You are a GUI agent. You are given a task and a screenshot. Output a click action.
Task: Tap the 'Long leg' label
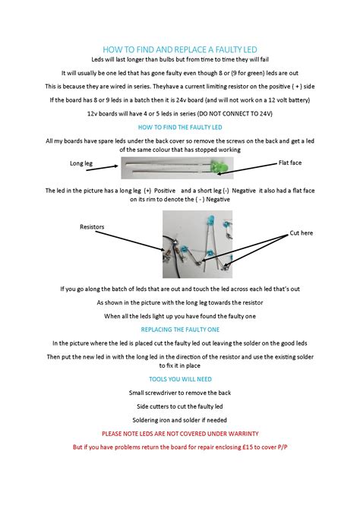81,163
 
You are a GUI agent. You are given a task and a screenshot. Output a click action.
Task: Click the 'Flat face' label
290,163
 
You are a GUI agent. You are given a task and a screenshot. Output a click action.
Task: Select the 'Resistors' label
92,227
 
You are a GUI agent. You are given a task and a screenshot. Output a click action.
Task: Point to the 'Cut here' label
302,233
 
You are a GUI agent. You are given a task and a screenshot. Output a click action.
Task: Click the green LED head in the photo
219,166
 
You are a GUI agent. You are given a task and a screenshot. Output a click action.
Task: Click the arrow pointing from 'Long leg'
102,168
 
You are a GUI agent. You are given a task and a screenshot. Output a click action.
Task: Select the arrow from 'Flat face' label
247,169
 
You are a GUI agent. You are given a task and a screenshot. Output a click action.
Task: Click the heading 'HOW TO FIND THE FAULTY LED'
180,128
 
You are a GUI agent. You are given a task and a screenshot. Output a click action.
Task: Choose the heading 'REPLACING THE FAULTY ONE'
180,330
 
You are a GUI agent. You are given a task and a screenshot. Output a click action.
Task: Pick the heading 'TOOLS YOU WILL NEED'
180,379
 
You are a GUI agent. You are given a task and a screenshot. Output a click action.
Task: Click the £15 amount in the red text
248,447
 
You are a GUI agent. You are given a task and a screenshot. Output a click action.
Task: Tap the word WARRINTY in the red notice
244,434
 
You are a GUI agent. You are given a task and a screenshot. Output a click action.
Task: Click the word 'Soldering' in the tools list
145,420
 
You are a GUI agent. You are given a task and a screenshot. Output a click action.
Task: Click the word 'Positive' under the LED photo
165,191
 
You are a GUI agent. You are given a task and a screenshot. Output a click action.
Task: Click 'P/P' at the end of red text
283,447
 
